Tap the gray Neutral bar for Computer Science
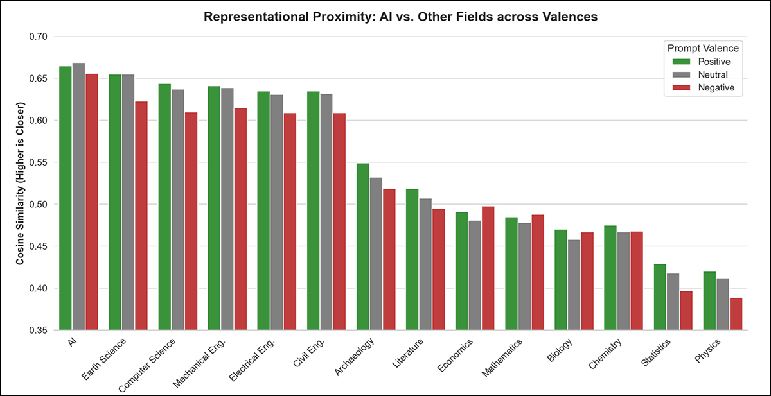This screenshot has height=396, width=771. click(x=178, y=209)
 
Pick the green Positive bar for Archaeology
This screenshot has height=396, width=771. click(x=363, y=246)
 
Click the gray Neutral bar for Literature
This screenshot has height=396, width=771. click(x=425, y=264)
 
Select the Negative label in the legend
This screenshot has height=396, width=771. click(x=716, y=87)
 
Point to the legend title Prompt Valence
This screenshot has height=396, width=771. click(x=703, y=48)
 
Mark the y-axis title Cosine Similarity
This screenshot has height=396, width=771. click(x=21, y=183)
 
